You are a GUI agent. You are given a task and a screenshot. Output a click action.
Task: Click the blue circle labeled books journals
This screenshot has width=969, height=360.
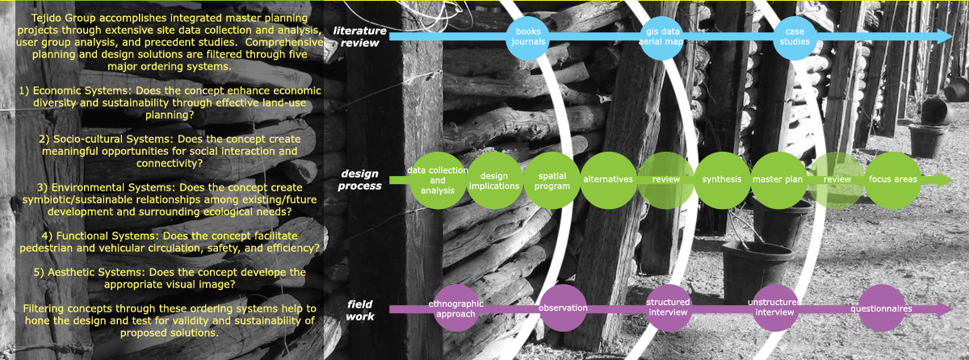click(x=530, y=36)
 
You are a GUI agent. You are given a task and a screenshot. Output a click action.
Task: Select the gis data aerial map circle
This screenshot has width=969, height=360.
click(x=661, y=36)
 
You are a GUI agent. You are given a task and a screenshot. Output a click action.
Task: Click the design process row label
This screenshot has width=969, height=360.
click(x=360, y=179)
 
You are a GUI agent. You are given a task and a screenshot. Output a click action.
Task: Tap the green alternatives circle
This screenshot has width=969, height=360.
click(x=607, y=179)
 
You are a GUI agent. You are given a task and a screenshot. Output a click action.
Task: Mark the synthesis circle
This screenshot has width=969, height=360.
click(x=721, y=179)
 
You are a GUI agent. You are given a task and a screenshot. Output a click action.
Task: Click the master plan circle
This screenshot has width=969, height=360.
click(x=777, y=179)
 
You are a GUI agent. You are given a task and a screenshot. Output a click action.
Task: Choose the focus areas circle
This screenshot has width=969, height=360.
click(x=892, y=179)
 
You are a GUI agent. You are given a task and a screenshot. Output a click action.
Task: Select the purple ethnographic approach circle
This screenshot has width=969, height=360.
click(x=456, y=308)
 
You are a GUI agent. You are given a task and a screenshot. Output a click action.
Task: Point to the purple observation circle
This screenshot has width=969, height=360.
click(x=563, y=308)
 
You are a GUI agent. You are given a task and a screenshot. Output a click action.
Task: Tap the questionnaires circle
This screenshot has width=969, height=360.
click(x=881, y=308)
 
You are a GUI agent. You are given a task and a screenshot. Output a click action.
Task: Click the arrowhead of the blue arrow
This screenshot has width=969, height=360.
click(x=946, y=36)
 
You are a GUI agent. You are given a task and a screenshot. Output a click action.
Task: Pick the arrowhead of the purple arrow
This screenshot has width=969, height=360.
click(x=945, y=308)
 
